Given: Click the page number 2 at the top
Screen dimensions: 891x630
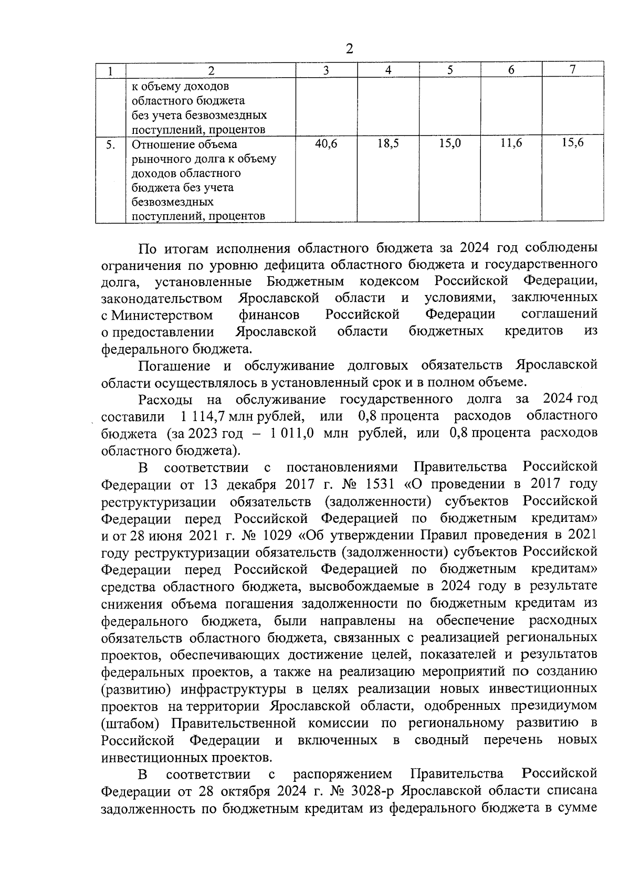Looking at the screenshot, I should (350, 49).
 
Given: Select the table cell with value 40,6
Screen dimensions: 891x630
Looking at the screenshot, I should (326, 143).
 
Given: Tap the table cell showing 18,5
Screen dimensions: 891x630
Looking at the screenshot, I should (388, 143).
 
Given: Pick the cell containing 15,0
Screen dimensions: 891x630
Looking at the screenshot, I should (450, 143).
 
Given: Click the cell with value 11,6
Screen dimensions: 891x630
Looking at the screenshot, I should (511, 143).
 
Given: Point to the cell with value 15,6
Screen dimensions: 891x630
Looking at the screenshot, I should (573, 142).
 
